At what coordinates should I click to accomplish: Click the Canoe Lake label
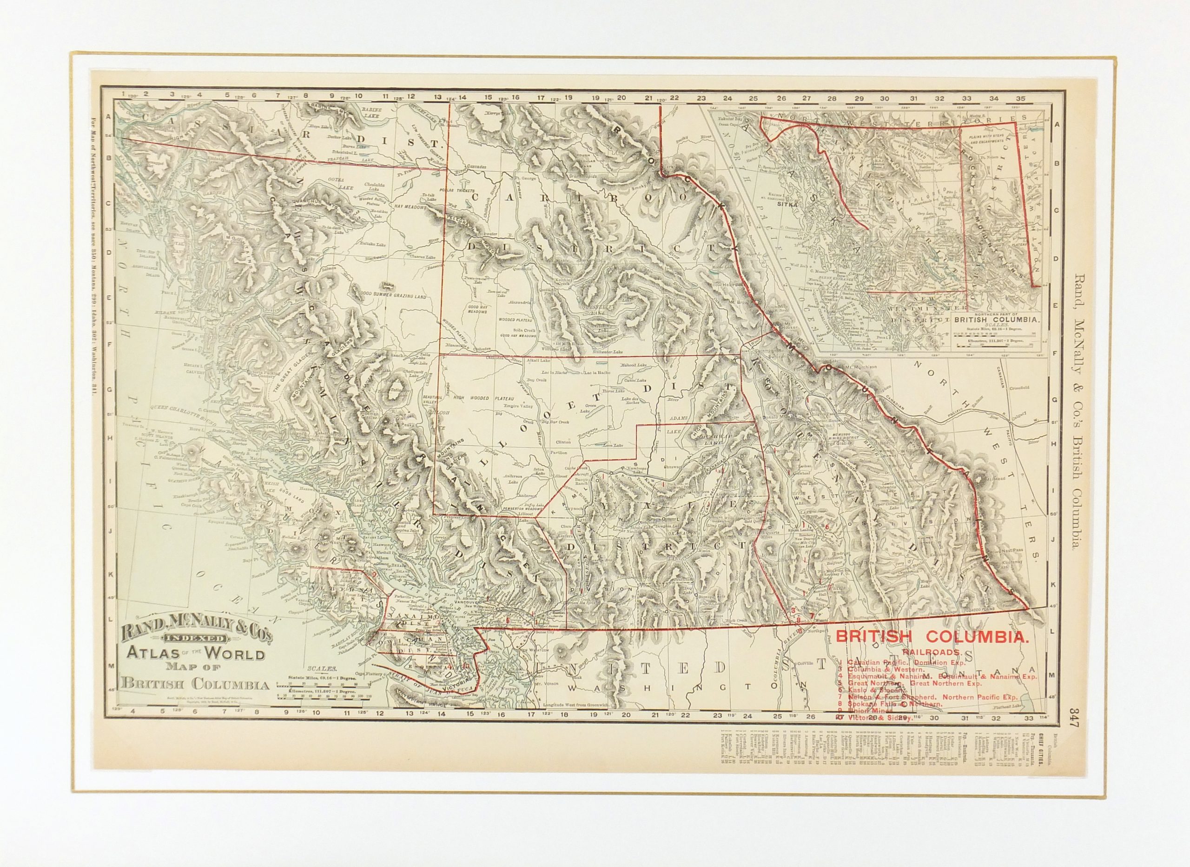click(635, 381)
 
